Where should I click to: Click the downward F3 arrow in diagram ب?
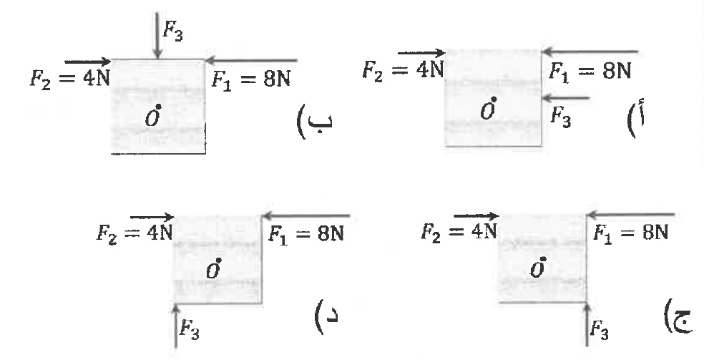(157, 35)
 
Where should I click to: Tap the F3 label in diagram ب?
(173, 31)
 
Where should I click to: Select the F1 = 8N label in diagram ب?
(251, 80)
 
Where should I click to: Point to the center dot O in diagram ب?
(158, 107)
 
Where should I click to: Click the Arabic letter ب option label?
(315, 122)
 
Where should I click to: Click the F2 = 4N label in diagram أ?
(404, 70)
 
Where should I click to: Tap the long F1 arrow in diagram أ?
(590, 52)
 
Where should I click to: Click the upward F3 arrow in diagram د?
(176, 325)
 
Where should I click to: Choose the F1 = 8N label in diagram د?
(305, 234)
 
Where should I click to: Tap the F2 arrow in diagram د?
(152, 218)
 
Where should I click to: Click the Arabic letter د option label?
(326, 316)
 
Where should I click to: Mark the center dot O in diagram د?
(219, 260)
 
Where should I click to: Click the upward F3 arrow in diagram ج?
(587, 324)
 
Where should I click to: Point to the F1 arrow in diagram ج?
(630, 215)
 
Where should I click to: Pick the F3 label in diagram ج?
(599, 331)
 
